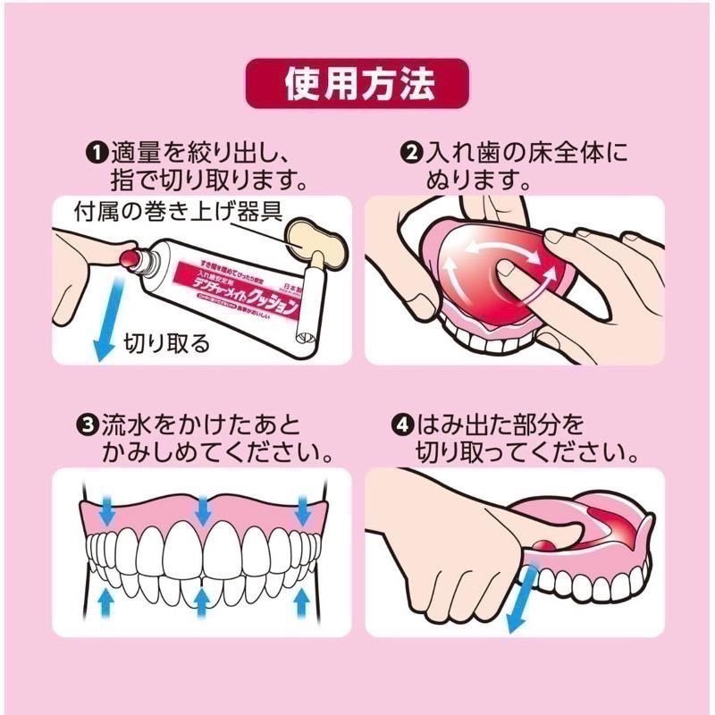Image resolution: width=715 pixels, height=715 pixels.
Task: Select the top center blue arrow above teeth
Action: click(x=204, y=509)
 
